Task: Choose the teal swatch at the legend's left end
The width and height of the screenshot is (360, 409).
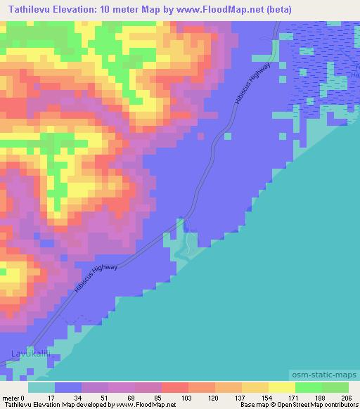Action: [41, 387]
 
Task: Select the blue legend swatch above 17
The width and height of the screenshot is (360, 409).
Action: [68, 387]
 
